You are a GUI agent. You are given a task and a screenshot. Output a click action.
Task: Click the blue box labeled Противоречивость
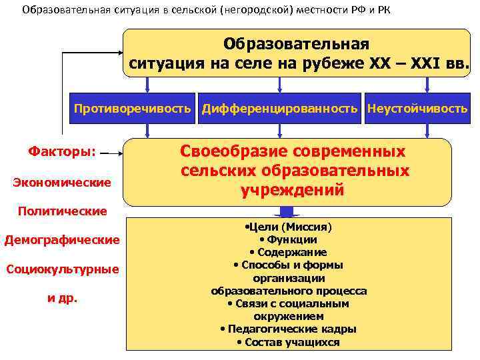pos(132,109)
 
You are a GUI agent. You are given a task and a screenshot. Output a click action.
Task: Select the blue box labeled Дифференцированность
pos(280,109)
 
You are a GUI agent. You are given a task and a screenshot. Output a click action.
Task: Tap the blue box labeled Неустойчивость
pos(417,109)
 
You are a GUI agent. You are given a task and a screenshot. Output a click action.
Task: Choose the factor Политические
pos(62,211)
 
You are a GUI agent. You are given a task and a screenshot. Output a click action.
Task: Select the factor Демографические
pos(62,239)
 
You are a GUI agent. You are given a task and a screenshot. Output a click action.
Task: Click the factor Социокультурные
pos(62,269)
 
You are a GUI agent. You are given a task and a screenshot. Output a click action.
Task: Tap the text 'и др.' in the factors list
pos(62,298)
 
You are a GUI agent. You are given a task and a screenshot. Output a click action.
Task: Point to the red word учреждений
pos(293,191)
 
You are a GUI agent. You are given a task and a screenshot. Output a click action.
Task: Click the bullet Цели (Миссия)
pos(288,227)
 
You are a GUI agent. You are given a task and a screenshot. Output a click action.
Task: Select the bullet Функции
pos(288,239)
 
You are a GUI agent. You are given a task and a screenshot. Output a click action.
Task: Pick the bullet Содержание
pos(288,252)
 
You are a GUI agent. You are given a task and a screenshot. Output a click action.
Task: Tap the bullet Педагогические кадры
pos(288,329)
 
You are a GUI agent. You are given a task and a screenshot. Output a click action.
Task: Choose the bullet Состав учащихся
pos(288,342)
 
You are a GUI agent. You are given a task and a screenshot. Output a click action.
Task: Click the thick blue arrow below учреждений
pos(288,211)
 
